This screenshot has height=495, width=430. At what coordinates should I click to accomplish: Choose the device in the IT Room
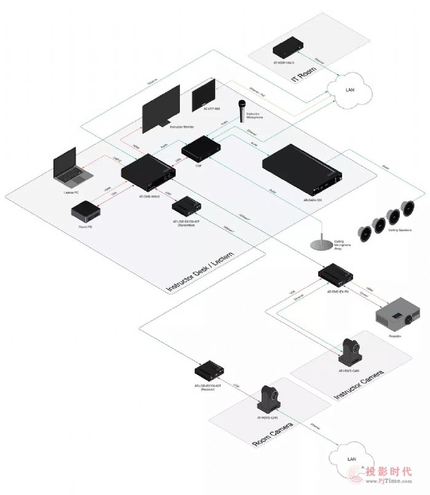coord(289,47)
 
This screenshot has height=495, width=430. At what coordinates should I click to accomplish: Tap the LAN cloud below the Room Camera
coord(351,459)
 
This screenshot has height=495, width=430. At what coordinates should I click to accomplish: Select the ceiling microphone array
coord(318,244)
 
